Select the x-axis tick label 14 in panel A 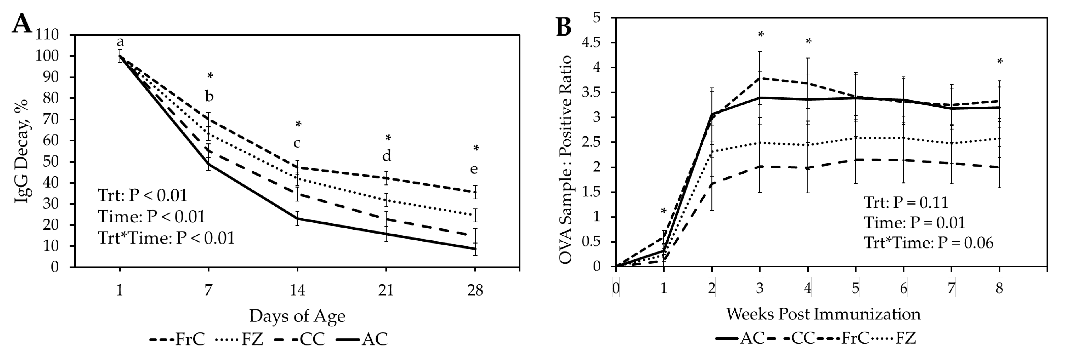(297, 290)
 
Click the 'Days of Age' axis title (297, 316)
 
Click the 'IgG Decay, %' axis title (22, 151)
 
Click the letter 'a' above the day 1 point (120, 42)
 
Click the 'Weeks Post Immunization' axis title (823, 314)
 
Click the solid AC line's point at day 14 (297, 218)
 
